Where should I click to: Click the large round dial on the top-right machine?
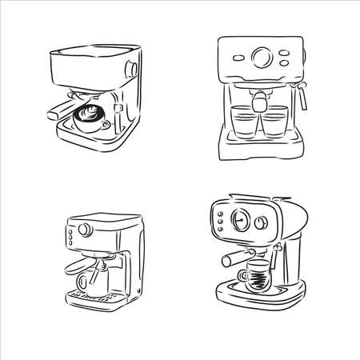click(x=260, y=56)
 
